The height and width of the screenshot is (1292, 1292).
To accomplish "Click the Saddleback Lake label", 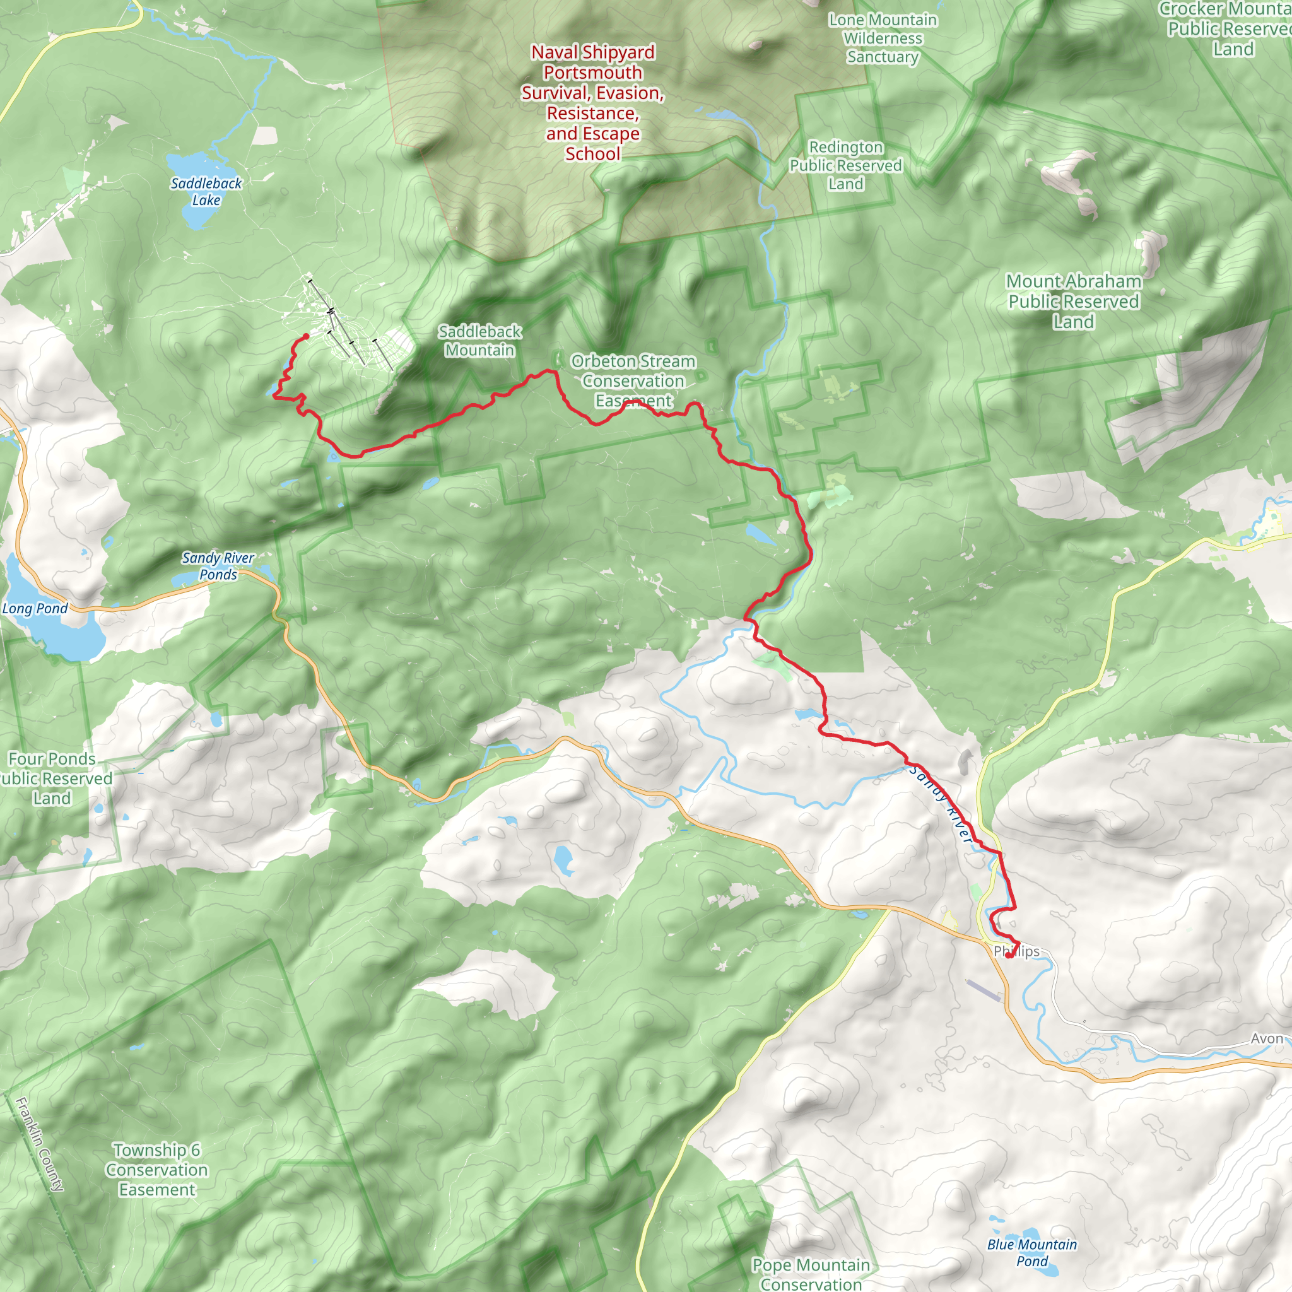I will (x=206, y=191).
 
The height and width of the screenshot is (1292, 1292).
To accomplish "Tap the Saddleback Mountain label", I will (x=479, y=341).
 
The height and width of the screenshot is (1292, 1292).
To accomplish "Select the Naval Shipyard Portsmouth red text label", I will (x=592, y=102).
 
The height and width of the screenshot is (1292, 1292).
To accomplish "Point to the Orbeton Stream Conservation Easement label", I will (x=633, y=380).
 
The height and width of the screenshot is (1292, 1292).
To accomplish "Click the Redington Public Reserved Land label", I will (x=845, y=165).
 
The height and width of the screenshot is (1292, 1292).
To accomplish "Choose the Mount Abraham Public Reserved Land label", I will (x=1072, y=301).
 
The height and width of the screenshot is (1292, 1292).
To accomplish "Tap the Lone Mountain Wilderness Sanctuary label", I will (x=883, y=38).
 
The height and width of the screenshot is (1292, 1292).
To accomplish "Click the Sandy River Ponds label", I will (x=218, y=566).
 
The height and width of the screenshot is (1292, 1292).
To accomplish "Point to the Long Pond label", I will (x=35, y=608).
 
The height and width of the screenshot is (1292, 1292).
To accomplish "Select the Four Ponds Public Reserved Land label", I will (x=52, y=778).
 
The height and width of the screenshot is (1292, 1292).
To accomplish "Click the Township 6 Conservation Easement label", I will (x=156, y=1170).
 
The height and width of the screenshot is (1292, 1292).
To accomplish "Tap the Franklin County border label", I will (x=40, y=1144).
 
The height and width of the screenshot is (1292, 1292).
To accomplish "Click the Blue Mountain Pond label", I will (x=1032, y=1252).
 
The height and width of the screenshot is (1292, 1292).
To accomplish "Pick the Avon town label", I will (x=1267, y=1038).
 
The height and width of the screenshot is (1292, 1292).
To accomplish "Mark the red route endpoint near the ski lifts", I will (x=306, y=336).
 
